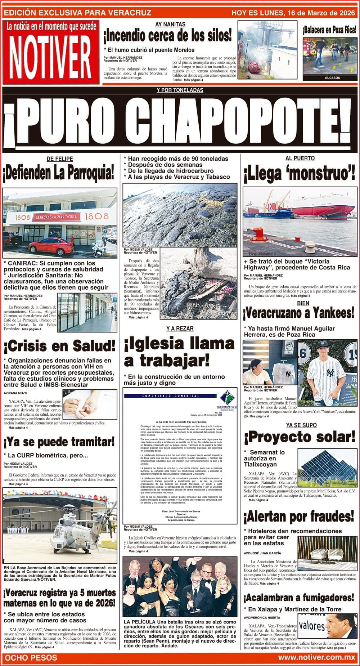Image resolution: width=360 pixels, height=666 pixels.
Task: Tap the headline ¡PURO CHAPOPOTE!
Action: coord(179,122)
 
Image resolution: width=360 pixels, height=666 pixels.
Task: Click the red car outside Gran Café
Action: coord(51,246)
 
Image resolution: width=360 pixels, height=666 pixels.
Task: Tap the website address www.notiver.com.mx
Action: coord(316,658)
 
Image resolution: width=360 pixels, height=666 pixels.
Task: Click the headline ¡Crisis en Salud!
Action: coord(59,346)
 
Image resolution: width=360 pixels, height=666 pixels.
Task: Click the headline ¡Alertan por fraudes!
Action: coord(299,517)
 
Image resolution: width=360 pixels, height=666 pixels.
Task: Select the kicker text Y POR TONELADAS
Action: coord(180,90)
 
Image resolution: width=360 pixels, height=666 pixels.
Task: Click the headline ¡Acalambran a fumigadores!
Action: coord(299,598)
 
